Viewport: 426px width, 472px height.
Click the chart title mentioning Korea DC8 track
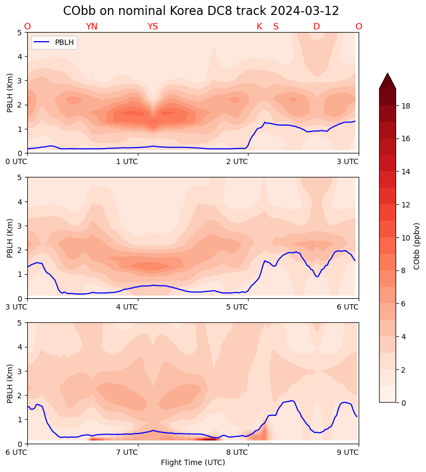coord(201,11)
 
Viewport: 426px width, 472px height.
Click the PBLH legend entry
coord(54,43)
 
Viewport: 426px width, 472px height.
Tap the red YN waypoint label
coord(91,27)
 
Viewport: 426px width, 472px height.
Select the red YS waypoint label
coord(152,27)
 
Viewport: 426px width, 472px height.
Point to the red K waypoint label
coord(259,27)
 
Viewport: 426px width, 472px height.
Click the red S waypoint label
coord(276,27)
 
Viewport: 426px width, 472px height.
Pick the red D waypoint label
coord(316,27)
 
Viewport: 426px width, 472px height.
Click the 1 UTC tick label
coord(127,161)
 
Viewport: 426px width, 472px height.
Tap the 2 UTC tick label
coord(237,161)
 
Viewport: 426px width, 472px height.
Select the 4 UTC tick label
coord(127,307)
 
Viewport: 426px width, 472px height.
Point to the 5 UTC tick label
coord(237,307)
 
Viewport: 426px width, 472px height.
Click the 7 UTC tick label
coord(127,452)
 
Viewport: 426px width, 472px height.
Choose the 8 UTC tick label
coord(237,452)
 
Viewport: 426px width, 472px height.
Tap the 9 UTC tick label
coord(347,452)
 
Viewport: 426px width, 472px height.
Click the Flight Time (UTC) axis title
coord(193,462)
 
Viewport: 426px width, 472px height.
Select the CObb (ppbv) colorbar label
coord(417,246)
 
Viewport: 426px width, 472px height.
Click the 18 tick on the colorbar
coord(406,106)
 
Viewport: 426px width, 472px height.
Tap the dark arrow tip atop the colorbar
coord(388,79)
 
